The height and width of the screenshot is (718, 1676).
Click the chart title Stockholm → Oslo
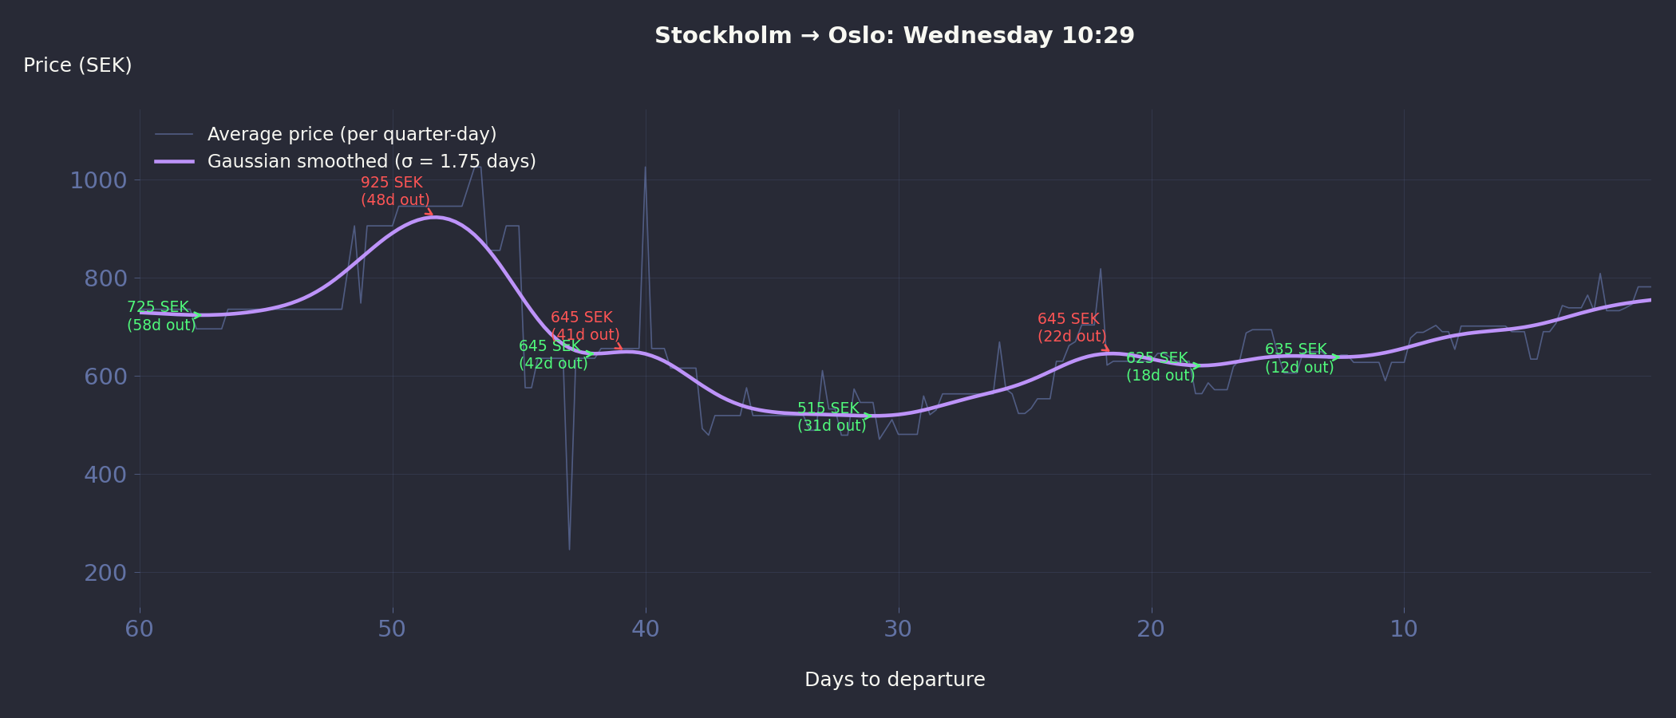click(x=894, y=36)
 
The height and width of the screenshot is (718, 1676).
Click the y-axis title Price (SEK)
click(x=77, y=65)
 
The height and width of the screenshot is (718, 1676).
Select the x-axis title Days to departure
click(x=894, y=680)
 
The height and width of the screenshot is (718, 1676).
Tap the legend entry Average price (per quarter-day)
click(x=351, y=134)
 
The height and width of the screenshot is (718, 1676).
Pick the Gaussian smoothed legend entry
click(x=371, y=161)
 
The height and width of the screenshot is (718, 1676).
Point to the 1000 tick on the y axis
click(x=98, y=180)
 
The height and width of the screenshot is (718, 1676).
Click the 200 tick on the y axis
click(x=105, y=573)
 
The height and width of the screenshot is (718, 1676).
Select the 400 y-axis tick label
click(x=105, y=475)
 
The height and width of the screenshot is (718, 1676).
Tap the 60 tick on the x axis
click(x=140, y=629)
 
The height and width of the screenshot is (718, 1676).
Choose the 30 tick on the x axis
click(x=898, y=629)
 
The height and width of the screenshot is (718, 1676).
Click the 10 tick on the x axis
click(x=1404, y=629)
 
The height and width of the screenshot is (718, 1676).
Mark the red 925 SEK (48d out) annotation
click(x=395, y=191)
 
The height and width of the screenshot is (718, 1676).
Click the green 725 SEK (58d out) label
click(x=161, y=316)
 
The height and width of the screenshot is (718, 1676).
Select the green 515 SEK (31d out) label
click(x=831, y=417)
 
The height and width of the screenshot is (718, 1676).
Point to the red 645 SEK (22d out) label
click(x=1071, y=328)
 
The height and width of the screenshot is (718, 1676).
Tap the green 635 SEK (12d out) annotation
click(x=1299, y=358)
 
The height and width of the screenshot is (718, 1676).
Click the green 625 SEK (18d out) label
click(x=1160, y=367)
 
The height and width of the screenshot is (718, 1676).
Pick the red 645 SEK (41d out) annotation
click(x=584, y=326)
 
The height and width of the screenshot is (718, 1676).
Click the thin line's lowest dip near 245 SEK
click(x=569, y=549)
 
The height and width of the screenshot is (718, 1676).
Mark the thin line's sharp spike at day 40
click(x=645, y=168)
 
